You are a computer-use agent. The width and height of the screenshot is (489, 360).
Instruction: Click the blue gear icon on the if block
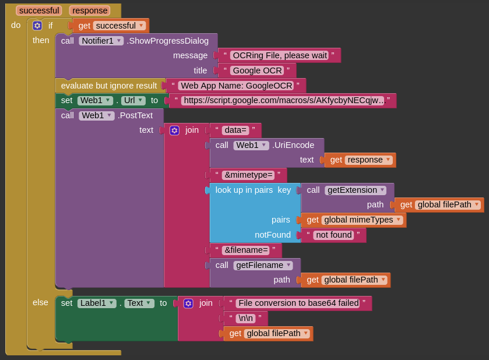[x=37, y=26]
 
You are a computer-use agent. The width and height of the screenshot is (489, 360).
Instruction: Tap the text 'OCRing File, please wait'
[x=279, y=55]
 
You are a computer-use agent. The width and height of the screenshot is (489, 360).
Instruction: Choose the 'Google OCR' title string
[x=256, y=70]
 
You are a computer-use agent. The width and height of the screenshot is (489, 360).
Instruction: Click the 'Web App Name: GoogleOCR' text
[x=235, y=86]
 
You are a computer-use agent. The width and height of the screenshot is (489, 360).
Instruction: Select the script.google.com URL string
[x=283, y=100]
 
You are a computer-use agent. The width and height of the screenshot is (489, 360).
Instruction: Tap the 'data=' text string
[x=235, y=130]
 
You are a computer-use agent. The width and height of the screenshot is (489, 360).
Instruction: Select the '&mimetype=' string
[x=248, y=175]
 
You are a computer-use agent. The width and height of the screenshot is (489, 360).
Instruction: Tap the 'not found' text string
[x=333, y=235]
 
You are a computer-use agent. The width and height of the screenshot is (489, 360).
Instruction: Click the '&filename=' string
[x=245, y=250]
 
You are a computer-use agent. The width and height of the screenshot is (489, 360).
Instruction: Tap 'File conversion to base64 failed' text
[x=297, y=303]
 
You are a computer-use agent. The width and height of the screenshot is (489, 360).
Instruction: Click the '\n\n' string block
[x=245, y=318]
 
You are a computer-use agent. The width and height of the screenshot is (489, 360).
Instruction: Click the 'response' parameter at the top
[x=90, y=10]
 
